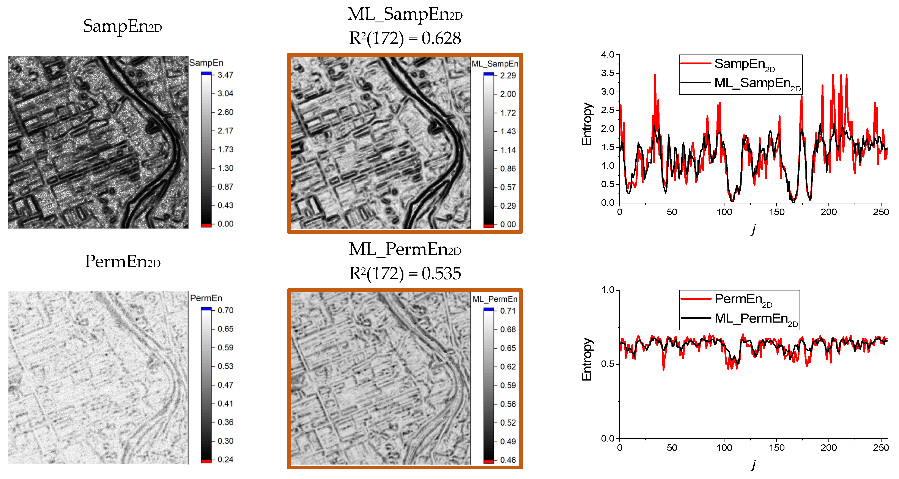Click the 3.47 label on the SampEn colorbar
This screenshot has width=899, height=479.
coord(225,75)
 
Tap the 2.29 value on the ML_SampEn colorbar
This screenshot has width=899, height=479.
coord(508,76)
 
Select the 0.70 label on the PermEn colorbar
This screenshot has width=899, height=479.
coord(225,310)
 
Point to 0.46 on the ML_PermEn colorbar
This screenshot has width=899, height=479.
coord(508,460)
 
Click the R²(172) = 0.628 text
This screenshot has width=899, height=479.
coord(405,38)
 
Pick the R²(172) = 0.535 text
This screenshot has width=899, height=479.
coord(405,274)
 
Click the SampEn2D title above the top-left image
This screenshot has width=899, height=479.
coord(122,26)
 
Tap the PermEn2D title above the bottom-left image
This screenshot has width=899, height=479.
coord(122,261)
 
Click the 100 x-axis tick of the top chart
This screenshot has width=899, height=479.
coord(724,212)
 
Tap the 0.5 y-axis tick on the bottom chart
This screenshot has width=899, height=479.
coord(608,364)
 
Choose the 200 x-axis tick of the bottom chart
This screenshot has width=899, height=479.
coord(828,448)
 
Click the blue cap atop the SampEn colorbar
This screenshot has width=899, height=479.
coord(206,73)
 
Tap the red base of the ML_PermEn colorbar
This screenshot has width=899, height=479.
coord(489,462)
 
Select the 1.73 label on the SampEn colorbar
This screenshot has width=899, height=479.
coord(225,150)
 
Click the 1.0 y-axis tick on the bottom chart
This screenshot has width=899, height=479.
coord(608,290)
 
